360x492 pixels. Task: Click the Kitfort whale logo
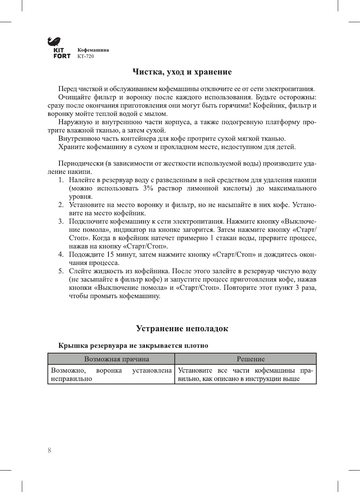coord(54,41)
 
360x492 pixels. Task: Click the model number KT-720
coord(85,56)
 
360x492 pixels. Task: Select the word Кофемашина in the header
coord(93,50)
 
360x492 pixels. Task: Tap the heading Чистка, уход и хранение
coord(182,72)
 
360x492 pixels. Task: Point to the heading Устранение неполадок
coord(182,329)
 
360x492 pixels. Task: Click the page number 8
coord(49,450)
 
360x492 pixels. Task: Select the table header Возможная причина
coord(117,359)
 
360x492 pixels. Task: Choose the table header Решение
coord(251,359)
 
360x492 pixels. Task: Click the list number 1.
coord(61,180)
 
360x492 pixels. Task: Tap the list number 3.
coord(61,221)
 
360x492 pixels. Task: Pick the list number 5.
coord(61,271)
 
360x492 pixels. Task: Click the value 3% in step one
coord(148,188)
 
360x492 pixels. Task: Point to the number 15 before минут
coord(110,254)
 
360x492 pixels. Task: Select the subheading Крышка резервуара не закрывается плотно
coord(133,346)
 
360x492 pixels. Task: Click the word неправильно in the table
coord(72,379)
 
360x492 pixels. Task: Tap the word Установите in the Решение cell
coord(195,370)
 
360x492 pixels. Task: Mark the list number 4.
coord(61,254)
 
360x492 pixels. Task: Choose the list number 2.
coord(61,205)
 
